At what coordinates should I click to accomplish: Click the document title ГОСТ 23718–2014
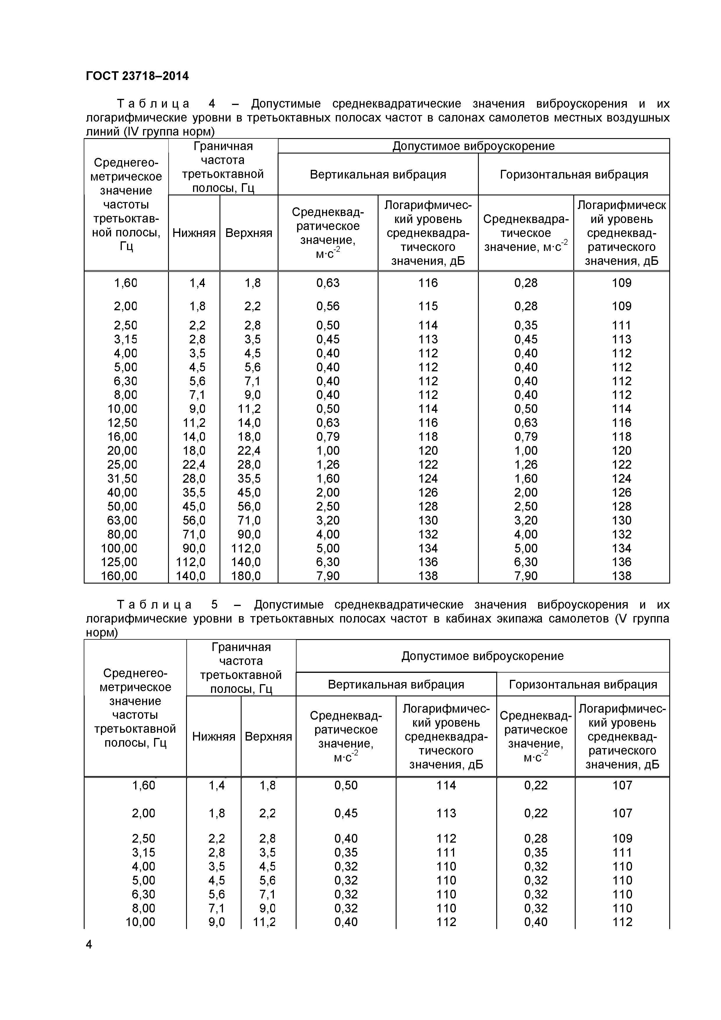137,76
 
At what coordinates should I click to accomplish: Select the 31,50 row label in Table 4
122,479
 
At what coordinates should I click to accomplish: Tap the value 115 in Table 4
428,306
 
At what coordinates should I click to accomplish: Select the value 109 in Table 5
622,838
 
